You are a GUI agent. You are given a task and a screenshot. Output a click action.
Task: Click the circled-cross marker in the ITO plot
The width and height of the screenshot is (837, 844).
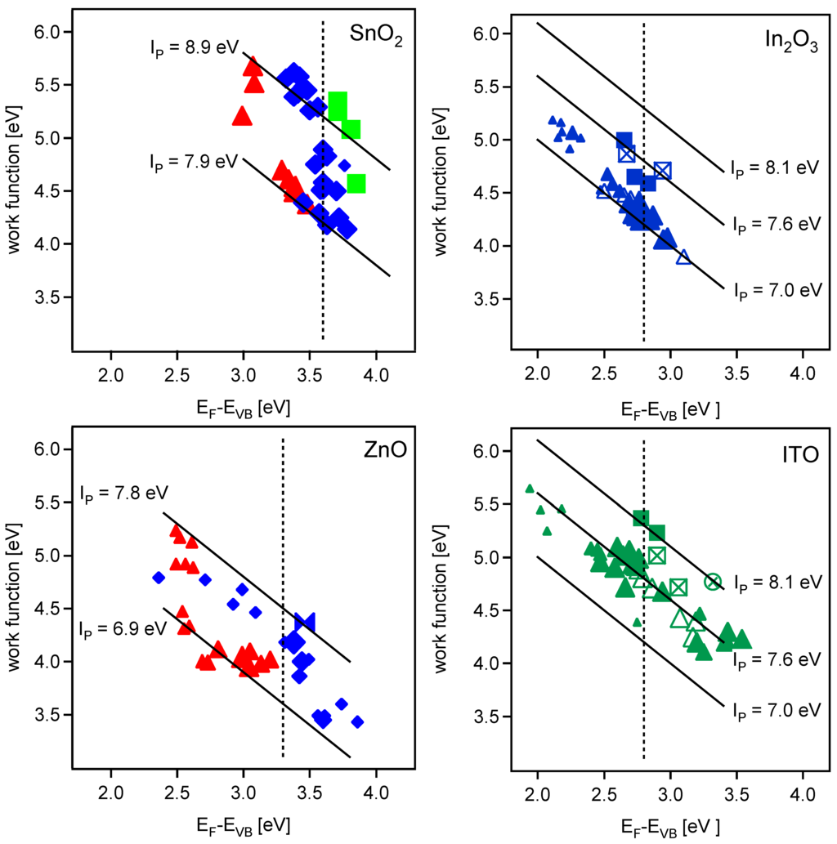click(713, 581)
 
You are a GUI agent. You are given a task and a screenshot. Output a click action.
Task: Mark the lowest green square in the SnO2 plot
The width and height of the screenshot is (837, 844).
click(356, 183)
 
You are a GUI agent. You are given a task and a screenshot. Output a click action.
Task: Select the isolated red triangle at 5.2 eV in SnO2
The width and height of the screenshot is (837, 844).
click(242, 116)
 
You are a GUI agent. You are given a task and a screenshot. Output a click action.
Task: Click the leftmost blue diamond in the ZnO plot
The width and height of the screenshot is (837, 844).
click(159, 578)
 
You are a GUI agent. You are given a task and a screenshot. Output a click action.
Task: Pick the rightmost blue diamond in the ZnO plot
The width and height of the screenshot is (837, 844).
click(357, 721)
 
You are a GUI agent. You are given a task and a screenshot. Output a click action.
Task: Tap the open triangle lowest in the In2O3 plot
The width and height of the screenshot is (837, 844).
click(683, 257)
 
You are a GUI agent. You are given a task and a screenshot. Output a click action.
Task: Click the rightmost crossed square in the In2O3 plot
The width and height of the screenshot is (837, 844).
click(662, 170)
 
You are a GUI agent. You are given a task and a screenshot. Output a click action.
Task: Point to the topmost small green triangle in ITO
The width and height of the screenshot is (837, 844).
click(530, 489)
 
